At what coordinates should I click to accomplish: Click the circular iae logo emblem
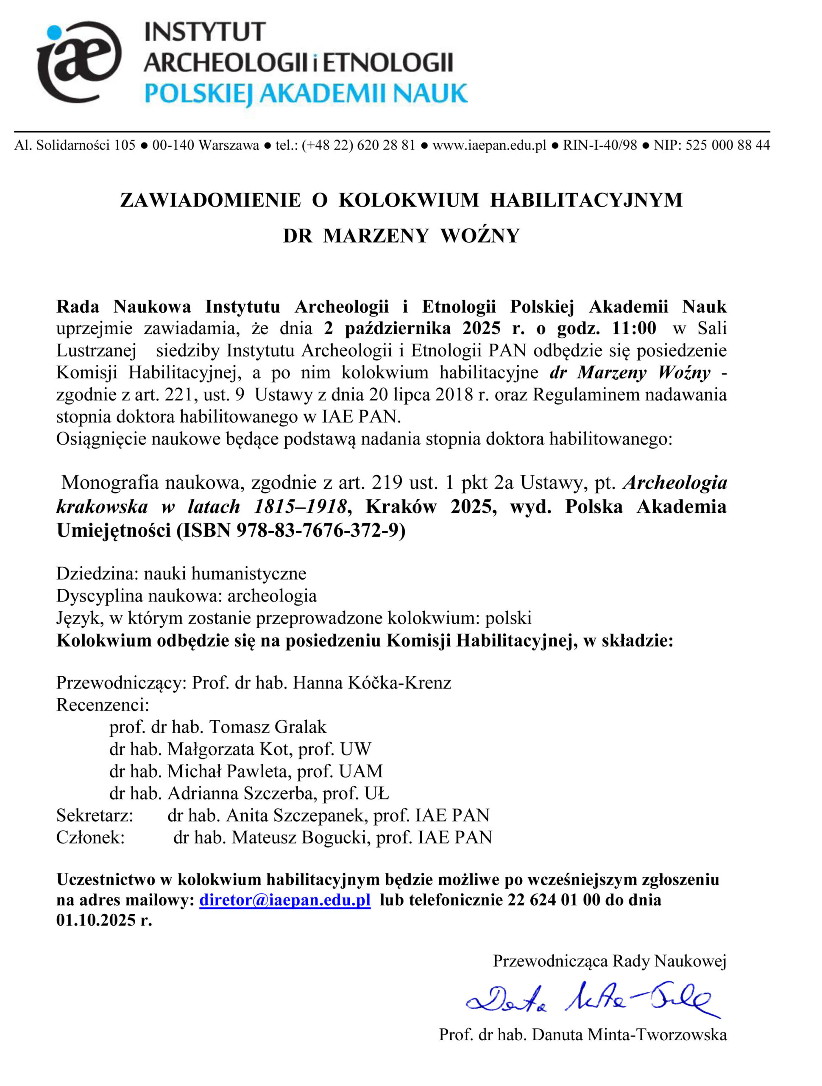[78, 61]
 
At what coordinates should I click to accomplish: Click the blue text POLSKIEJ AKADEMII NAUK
[305, 94]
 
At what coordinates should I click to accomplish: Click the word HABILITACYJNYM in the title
[586, 200]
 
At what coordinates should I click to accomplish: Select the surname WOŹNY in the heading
[479, 236]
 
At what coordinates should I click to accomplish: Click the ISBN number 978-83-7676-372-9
[321, 531]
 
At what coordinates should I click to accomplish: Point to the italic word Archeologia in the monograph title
[675, 483]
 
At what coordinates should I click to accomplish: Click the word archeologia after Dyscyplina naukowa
[272, 596]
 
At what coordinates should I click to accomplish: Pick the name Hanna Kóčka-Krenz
[372, 683]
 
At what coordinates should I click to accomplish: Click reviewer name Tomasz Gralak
[267, 727]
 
